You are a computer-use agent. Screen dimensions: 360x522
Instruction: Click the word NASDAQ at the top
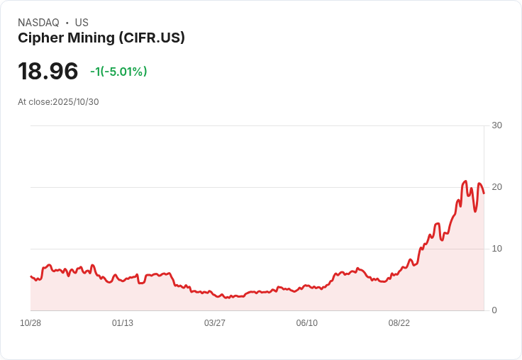click(38, 23)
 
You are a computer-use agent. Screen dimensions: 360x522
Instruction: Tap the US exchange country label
click(82, 23)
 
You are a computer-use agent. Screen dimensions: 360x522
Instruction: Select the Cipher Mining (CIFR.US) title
click(101, 38)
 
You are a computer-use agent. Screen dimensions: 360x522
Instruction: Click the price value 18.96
click(48, 72)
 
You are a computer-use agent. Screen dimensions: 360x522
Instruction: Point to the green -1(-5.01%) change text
click(118, 72)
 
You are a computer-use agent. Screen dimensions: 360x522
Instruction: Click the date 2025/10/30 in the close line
click(76, 102)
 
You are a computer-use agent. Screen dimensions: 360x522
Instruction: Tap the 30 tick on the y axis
click(496, 125)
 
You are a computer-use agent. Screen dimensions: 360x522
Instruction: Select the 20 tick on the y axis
click(496, 187)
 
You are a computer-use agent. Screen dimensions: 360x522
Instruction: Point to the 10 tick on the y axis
click(496, 249)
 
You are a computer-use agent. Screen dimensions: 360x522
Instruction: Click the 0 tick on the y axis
click(494, 310)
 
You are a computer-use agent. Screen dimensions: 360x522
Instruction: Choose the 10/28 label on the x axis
click(30, 323)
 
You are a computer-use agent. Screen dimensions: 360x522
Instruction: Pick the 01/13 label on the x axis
click(123, 323)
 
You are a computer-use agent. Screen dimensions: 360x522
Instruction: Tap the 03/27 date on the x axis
click(215, 323)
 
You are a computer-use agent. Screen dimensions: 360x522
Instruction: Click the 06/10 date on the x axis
click(307, 323)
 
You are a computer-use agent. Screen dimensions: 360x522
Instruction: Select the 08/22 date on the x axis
click(399, 323)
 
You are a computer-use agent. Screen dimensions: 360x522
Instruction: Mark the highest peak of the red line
click(465, 181)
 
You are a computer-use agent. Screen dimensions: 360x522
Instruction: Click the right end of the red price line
click(484, 193)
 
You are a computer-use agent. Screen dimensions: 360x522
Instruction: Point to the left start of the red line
click(30, 276)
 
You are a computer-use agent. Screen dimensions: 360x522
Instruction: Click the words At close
click(34, 102)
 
